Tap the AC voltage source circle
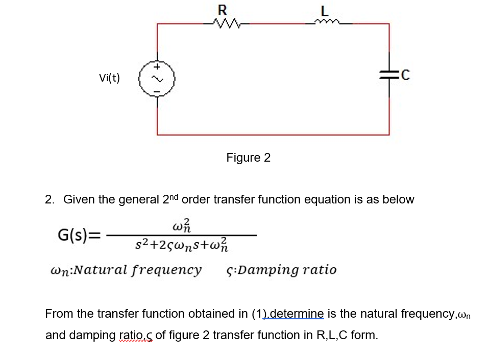coord(158,78)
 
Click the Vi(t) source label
coord(109,78)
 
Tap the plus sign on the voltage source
coord(158,66)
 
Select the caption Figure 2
coord(248,158)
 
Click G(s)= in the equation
coord(79,236)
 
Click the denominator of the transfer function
coord(182,247)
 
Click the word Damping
coord(260,269)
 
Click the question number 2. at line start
coord(50,199)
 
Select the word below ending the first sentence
coord(400,199)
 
